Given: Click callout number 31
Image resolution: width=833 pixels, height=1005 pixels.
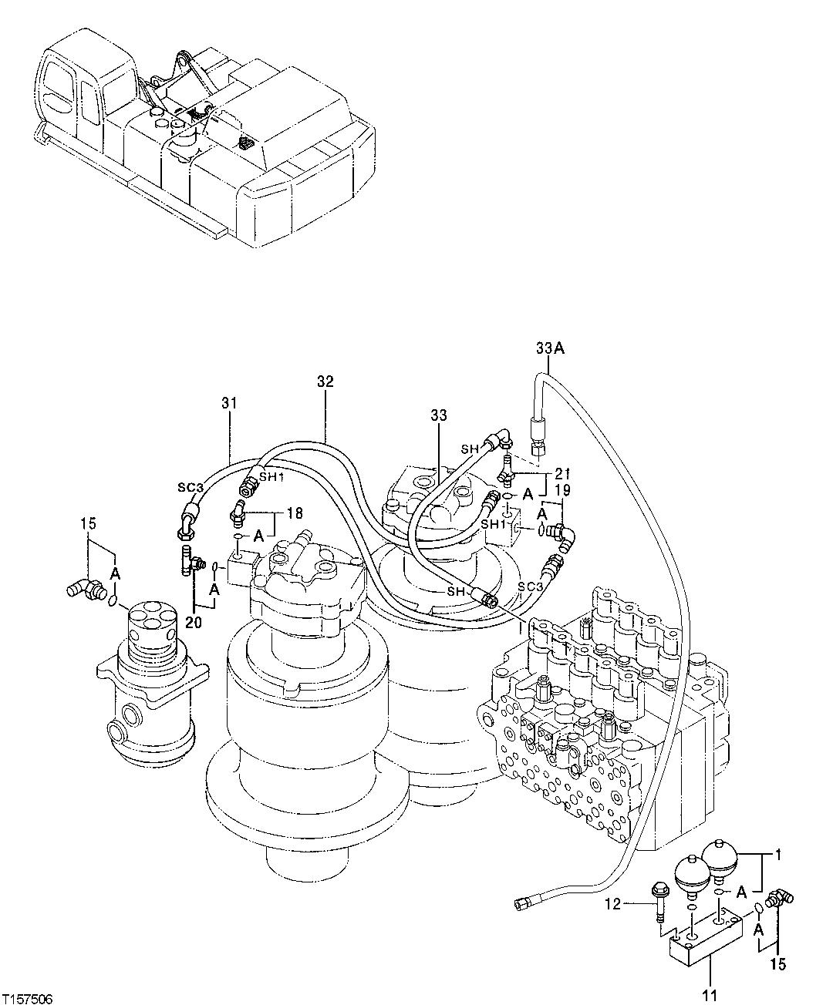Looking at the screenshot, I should coord(228,402).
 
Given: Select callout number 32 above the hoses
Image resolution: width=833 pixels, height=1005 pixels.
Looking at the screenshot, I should coord(325,381).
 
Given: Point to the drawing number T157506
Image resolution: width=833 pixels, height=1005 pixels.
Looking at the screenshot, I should coord(27,998).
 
